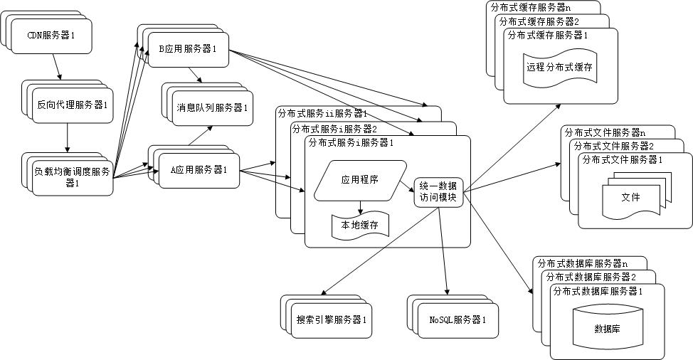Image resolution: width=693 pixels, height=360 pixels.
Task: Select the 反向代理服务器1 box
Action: (x=72, y=105)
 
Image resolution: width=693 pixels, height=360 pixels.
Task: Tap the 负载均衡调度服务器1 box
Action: (x=72, y=176)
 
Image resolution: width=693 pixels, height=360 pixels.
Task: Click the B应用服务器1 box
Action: (x=188, y=49)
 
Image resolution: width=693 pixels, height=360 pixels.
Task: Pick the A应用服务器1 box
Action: (x=199, y=170)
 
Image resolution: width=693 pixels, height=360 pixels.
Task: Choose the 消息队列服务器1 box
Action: (x=212, y=109)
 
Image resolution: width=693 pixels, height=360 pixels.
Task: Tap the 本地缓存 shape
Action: (x=359, y=225)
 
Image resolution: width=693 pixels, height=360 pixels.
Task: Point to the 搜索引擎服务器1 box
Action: (x=331, y=319)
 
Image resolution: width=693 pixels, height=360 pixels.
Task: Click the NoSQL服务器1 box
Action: (x=457, y=319)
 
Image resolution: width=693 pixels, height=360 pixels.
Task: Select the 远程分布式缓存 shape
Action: (x=559, y=69)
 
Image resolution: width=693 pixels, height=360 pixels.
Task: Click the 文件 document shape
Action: (x=630, y=197)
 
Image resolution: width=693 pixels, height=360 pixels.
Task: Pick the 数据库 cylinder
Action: (x=606, y=328)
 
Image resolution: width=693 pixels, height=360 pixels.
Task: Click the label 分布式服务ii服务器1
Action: (x=322, y=114)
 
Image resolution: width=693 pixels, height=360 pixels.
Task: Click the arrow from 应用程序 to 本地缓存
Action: (x=361, y=206)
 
